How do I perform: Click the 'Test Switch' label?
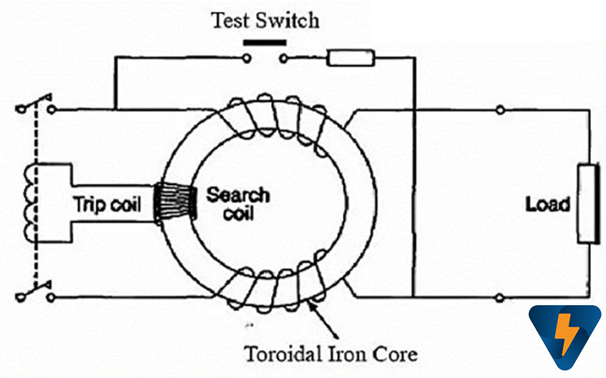[x=265, y=19]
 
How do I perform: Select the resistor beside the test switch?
[x=351, y=58]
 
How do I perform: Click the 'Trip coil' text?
[x=107, y=204]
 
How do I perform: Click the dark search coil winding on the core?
[x=177, y=206]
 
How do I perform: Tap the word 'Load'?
[x=547, y=204]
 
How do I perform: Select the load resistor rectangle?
[x=587, y=204]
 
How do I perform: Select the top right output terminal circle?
[x=499, y=110]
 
